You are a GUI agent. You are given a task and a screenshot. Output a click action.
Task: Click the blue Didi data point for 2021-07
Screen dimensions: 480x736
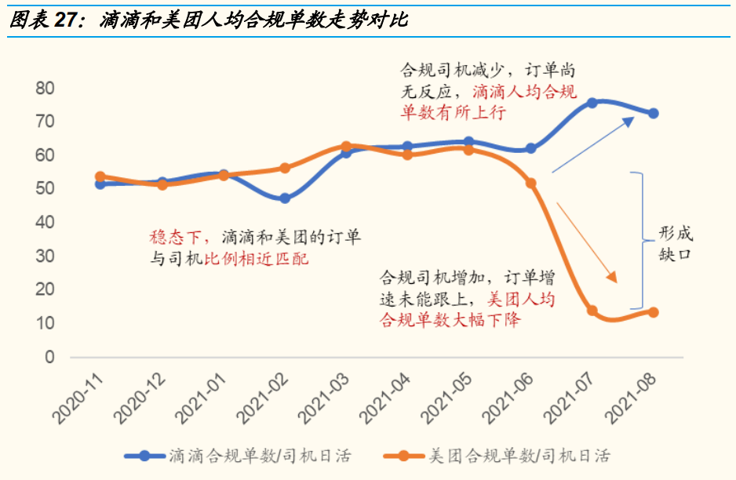592,103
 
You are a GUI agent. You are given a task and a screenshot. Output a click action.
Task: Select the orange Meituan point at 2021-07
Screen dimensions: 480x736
592,311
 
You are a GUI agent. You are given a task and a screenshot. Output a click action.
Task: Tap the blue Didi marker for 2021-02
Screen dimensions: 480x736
285,198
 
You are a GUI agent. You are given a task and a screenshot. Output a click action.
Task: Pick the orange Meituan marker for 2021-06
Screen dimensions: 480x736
530,183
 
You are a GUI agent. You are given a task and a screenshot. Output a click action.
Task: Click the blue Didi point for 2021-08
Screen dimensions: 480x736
653,114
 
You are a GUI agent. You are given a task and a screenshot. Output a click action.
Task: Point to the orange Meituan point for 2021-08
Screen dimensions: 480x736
653,312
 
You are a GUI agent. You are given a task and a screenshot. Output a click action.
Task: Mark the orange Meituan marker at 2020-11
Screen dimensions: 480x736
100,177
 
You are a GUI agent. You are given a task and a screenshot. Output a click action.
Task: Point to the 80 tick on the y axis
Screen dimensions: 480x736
45,89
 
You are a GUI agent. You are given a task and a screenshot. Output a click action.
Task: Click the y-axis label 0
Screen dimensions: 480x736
49,357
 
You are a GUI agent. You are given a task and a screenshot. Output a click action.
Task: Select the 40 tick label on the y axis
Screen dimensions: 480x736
45,223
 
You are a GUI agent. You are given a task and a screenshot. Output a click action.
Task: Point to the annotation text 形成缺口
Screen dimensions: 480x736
674,245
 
